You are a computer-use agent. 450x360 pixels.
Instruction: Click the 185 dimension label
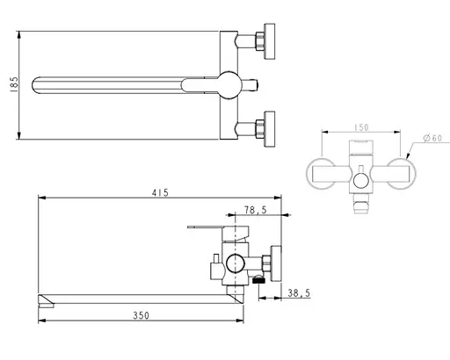[11, 85]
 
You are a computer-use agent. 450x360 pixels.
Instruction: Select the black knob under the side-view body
[258, 281]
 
